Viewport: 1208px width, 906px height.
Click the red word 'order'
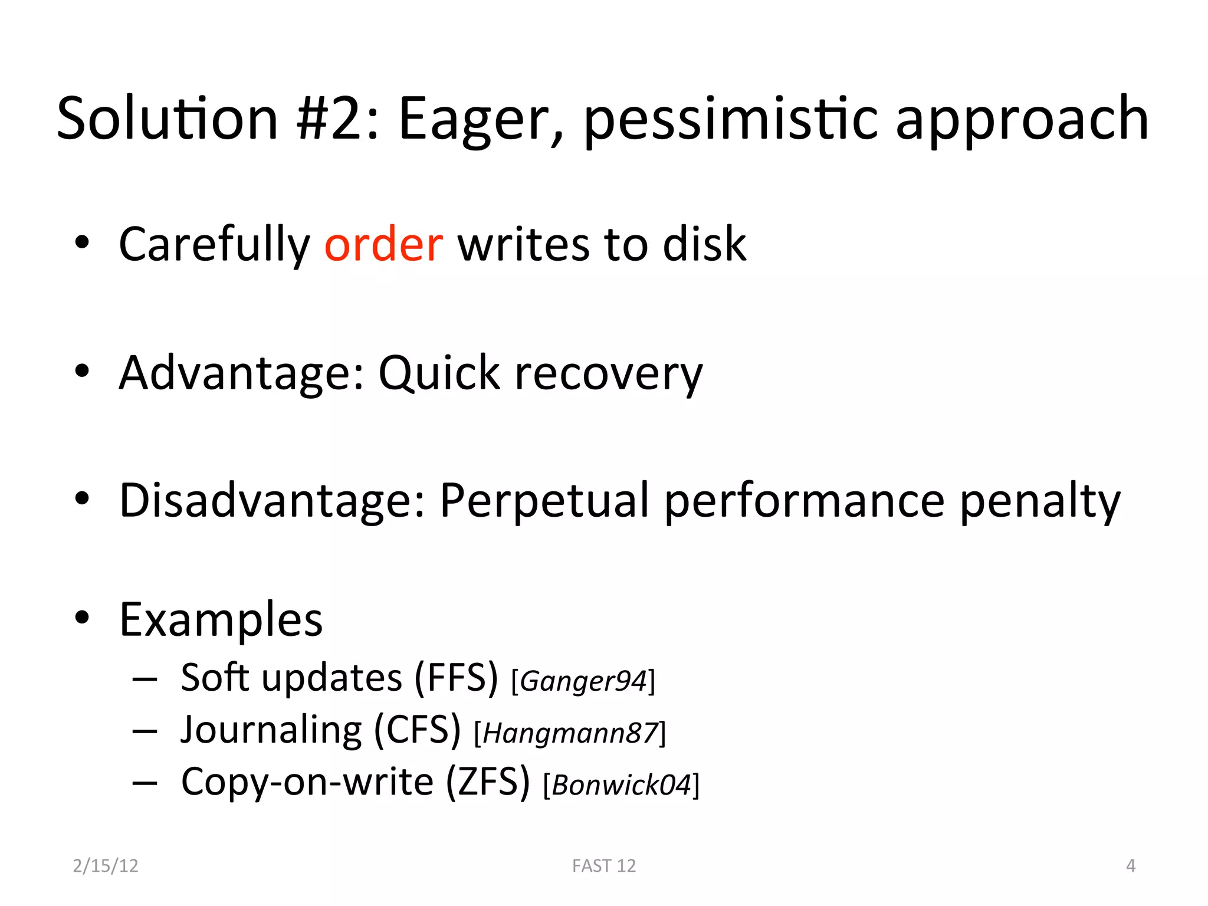click(383, 244)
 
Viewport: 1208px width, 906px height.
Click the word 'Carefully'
click(214, 245)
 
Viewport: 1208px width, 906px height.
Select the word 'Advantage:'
click(242, 374)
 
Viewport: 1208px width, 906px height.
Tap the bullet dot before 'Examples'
click(82, 618)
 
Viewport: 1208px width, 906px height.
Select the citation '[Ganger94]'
click(583, 681)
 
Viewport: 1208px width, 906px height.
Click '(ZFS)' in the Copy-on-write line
click(488, 782)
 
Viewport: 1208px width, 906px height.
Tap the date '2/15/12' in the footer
click(106, 866)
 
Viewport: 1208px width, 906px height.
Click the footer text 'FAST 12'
click(604, 866)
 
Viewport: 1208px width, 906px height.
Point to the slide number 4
click(1130, 866)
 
